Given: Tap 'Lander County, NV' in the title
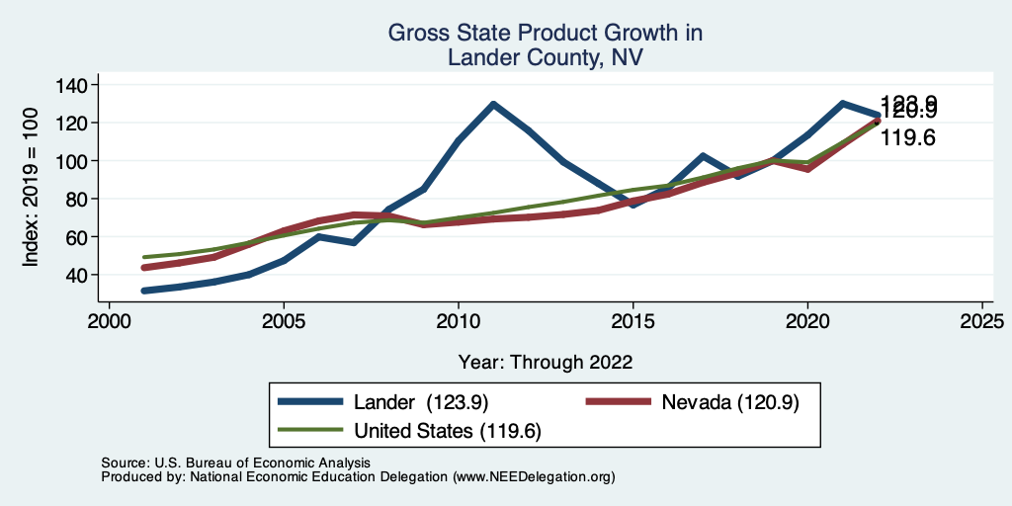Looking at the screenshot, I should pyautogui.click(x=545, y=57).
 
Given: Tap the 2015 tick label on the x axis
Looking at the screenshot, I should pyautogui.click(x=632, y=322).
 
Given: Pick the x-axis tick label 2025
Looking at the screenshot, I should pyautogui.click(x=981, y=322).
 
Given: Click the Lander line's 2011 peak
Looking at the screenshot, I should pyautogui.click(x=492, y=104).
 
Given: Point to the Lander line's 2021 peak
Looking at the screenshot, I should pyautogui.click(x=842, y=103).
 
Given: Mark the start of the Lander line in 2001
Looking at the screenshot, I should pyautogui.click(x=144, y=291).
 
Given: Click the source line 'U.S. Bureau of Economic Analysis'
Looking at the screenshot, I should pyautogui.click(x=260, y=463).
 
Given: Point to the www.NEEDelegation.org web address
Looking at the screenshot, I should pyautogui.click(x=534, y=476).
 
